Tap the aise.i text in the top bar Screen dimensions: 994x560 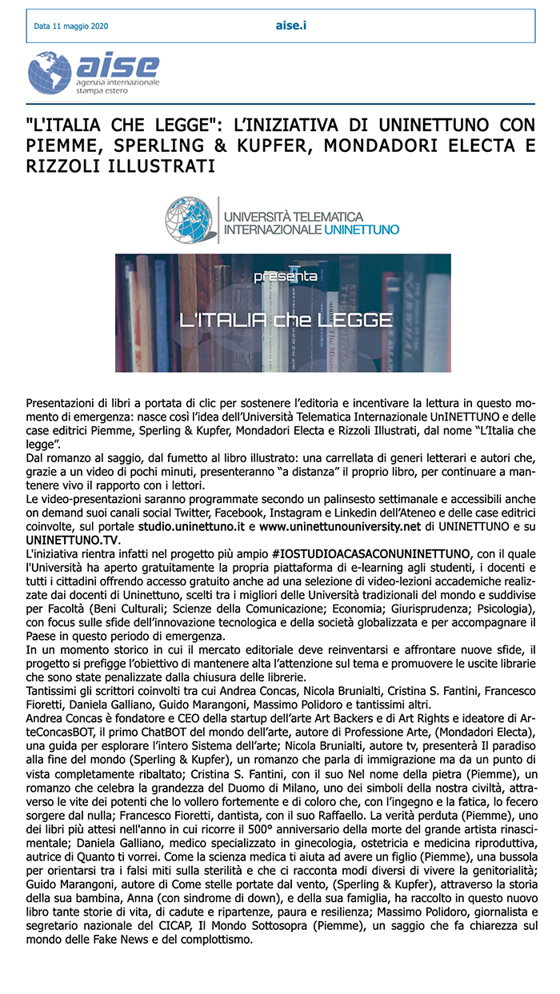291,26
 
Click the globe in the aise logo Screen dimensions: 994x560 50,74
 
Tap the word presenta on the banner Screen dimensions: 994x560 284,276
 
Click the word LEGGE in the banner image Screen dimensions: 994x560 352,321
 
